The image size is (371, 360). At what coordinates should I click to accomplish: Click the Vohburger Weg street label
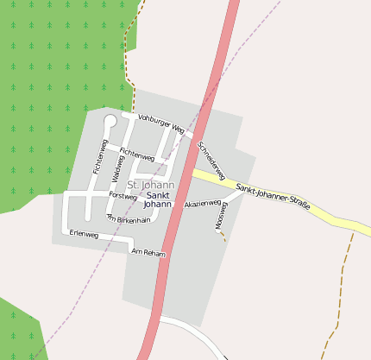tap(161, 123)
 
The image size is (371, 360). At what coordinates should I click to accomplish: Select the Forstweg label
tap(123, 196)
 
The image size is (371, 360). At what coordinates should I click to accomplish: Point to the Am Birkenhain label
tap(129, 220)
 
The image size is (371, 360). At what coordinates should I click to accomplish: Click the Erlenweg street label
tap(84, 235)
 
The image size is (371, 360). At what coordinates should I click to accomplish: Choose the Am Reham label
tap(148, 252)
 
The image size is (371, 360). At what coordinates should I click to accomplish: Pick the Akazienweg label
tap(203, 204)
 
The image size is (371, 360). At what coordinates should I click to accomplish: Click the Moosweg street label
tap(219, 216)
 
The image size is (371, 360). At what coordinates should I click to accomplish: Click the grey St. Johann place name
tap(151, 185)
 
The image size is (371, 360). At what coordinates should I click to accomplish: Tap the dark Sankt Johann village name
tap(157, 199)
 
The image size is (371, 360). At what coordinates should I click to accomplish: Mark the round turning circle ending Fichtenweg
tap(110, 122)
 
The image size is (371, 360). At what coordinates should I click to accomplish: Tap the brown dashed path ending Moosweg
tap(223, 236)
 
